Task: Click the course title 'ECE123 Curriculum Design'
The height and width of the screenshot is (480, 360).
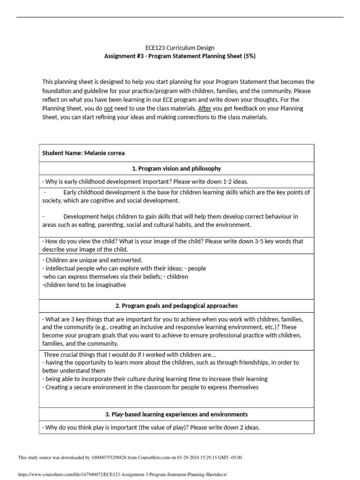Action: click(180, 47)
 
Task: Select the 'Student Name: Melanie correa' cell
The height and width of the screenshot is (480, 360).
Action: click(83, 153)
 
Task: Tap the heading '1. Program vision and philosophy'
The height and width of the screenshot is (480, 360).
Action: click(180, 168)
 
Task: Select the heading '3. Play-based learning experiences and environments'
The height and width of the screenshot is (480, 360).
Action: click(180, 414)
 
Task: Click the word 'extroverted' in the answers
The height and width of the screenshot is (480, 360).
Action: click(126, 260)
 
